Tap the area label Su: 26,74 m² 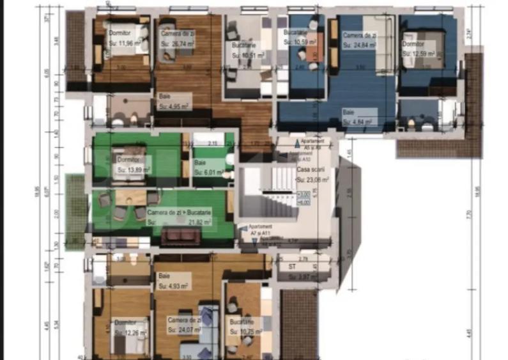pyautogui.click(x=177, y=43)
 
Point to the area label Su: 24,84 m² pyautogui.click(x=359, y=45)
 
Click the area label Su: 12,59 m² pyautogui.click(x=419, y=54)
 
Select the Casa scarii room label pyautogui.click(x=309, y=169)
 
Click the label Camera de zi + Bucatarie pyautogui.click(x=180, y=212)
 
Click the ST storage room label pyautogui.click(x=291, y=265)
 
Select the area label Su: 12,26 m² pyautogui.click(x=131, y=333)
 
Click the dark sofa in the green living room pyautogui.click(x=180, y=237)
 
